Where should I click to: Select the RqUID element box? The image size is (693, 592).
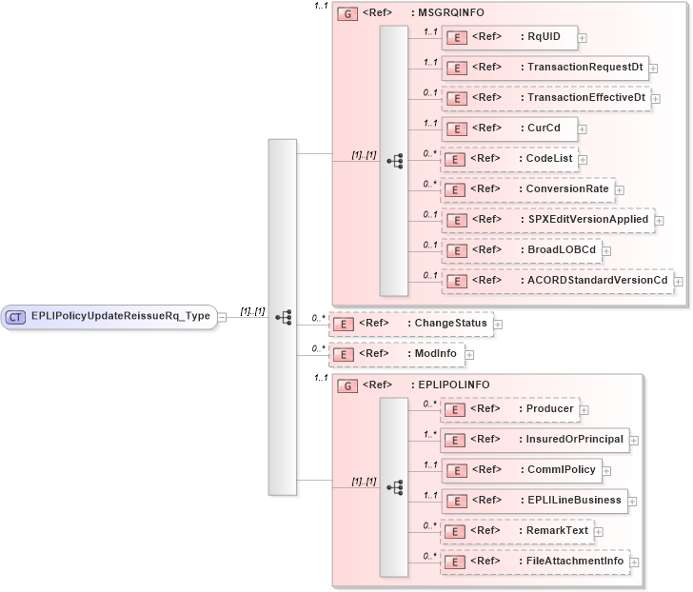click(x=508, y=37)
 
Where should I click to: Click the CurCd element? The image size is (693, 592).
click(x=508, y=128)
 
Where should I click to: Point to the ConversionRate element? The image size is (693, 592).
click(x=527, y=189)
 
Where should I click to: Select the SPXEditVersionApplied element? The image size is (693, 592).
click(x=547, y=220)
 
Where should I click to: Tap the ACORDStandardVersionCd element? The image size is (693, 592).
click(x=557, y=281)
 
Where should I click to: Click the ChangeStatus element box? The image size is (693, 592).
click(x=410, y=324)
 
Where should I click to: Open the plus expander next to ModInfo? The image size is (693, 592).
click(x=469, y=354)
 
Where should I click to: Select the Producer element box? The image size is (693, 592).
click(x=509, y=409)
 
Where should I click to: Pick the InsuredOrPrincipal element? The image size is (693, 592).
click(x=534, y=440)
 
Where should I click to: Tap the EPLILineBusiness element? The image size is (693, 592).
click(x=533, y=501)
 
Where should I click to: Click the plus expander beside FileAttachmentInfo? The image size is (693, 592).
click(x=635, y=562)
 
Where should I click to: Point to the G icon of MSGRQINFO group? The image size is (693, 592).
click(x=347, y=14)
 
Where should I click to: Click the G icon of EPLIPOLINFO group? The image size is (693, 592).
click(x=347, y=385)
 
